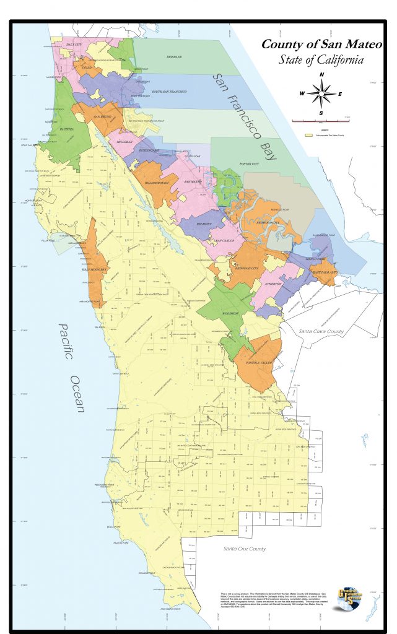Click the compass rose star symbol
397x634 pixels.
click(x=321, y=94)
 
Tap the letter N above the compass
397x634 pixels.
click(x=321, y=75)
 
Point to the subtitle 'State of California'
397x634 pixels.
click(x=320, y=60)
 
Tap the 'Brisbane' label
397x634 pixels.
click(x=174, y=56)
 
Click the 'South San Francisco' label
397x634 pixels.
click(x=160, y=91)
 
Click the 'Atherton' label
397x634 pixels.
click(x=274, y=284)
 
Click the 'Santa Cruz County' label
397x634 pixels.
click(x=244, y=549)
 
